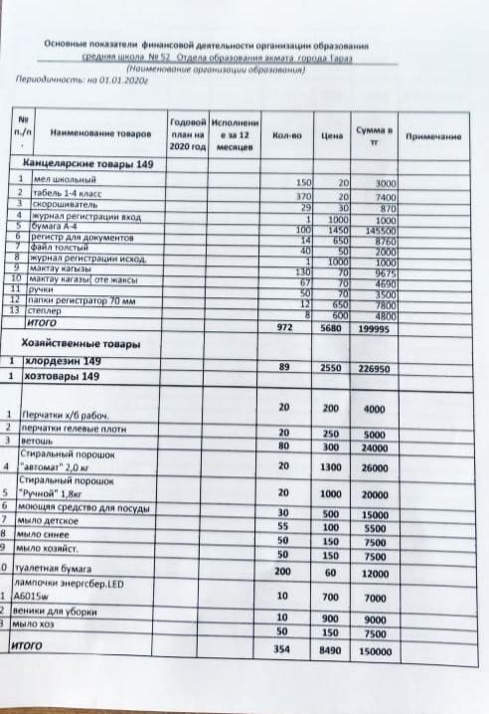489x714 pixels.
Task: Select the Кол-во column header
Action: [287, 133]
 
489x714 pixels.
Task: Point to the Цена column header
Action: [333, 133]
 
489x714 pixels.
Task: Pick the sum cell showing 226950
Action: [378, 367]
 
